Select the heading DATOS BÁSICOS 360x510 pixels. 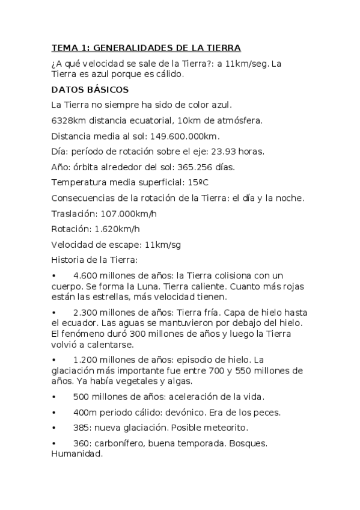(x=90, y=90)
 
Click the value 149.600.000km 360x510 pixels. (x=187, y=136)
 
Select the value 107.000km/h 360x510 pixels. (x=129, y=213)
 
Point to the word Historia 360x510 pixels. (x=69, y=260)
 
